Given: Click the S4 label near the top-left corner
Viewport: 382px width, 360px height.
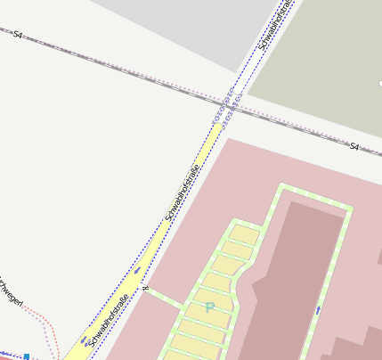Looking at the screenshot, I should point(18,35).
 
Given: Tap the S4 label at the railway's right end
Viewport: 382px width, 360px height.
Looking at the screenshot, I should point(354,146).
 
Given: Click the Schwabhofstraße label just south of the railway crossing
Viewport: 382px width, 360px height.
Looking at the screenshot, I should point(183,192).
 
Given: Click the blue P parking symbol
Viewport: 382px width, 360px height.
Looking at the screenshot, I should point(210,307).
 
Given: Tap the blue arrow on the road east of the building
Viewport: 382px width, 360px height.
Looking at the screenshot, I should point(318,310).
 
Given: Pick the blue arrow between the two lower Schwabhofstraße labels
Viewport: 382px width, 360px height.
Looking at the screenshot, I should point(137,271).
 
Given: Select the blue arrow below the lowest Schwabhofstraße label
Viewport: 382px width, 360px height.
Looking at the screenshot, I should point(85,340).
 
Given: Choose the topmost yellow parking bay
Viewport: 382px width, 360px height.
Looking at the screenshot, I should point(247,233).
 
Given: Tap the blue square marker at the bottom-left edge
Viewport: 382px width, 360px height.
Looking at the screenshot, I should point(27,356).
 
